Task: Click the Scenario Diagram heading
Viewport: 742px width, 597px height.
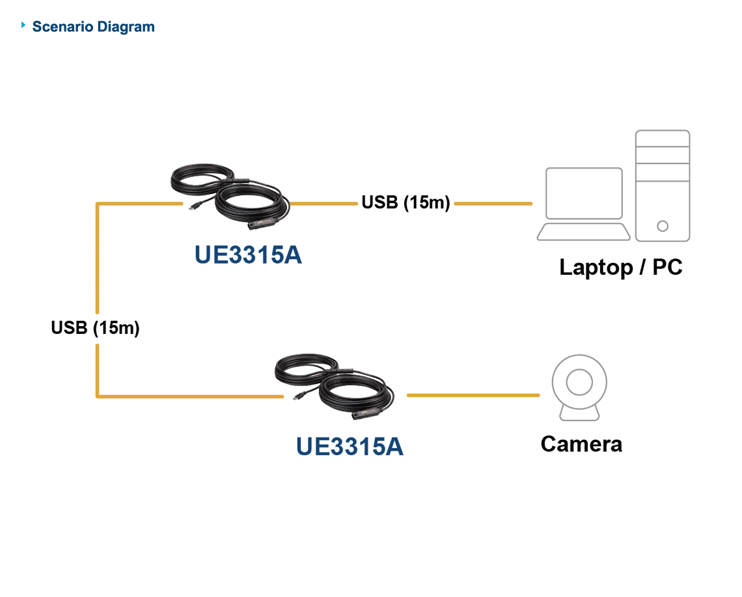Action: coord(93,27)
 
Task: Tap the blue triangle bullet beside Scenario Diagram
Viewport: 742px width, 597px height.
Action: coord(23,25)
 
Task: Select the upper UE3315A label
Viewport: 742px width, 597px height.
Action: coord(248,255)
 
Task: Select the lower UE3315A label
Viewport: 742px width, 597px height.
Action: coord(350,447)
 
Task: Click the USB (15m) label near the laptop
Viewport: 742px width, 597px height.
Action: coord(405,202)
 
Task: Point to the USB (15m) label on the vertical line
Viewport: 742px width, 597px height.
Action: coord(95,327)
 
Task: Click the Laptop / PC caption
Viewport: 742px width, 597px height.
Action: coord(621,268)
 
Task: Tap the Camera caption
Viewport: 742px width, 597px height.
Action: coord(581,444)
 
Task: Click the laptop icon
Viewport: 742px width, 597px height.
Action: coord(583,204)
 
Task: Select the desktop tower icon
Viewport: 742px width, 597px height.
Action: coord(663,186)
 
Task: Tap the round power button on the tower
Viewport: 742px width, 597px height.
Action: coord(663,227)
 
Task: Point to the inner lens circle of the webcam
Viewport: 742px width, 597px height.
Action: coord(579,382)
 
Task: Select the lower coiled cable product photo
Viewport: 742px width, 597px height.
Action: coord(334,386)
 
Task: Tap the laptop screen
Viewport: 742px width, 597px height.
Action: coord(584,193)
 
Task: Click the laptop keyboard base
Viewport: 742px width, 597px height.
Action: coord(583,232)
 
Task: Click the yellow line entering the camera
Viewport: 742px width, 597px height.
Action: coord(473,395)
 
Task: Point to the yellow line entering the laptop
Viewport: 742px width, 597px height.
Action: coord(493,204)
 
